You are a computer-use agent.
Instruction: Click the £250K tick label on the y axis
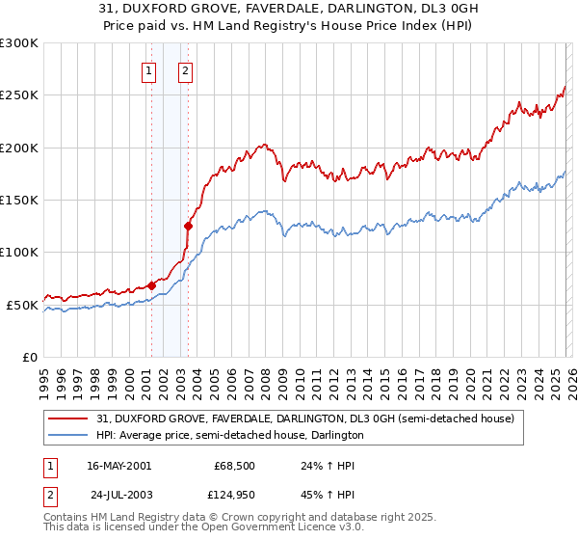(x=19, y=95)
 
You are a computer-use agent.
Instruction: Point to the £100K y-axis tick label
(x=19, y=252)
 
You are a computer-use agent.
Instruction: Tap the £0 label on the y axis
(x=29, y=357)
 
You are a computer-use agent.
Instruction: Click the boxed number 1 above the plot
(x=150, y=69)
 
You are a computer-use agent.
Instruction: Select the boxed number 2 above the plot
(x=184, y=69)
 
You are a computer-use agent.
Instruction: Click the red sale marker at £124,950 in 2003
(x=188, y=227)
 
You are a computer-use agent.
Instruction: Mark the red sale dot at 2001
(x=151, y=285)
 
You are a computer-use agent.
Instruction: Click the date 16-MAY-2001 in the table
(x=118, y=466)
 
